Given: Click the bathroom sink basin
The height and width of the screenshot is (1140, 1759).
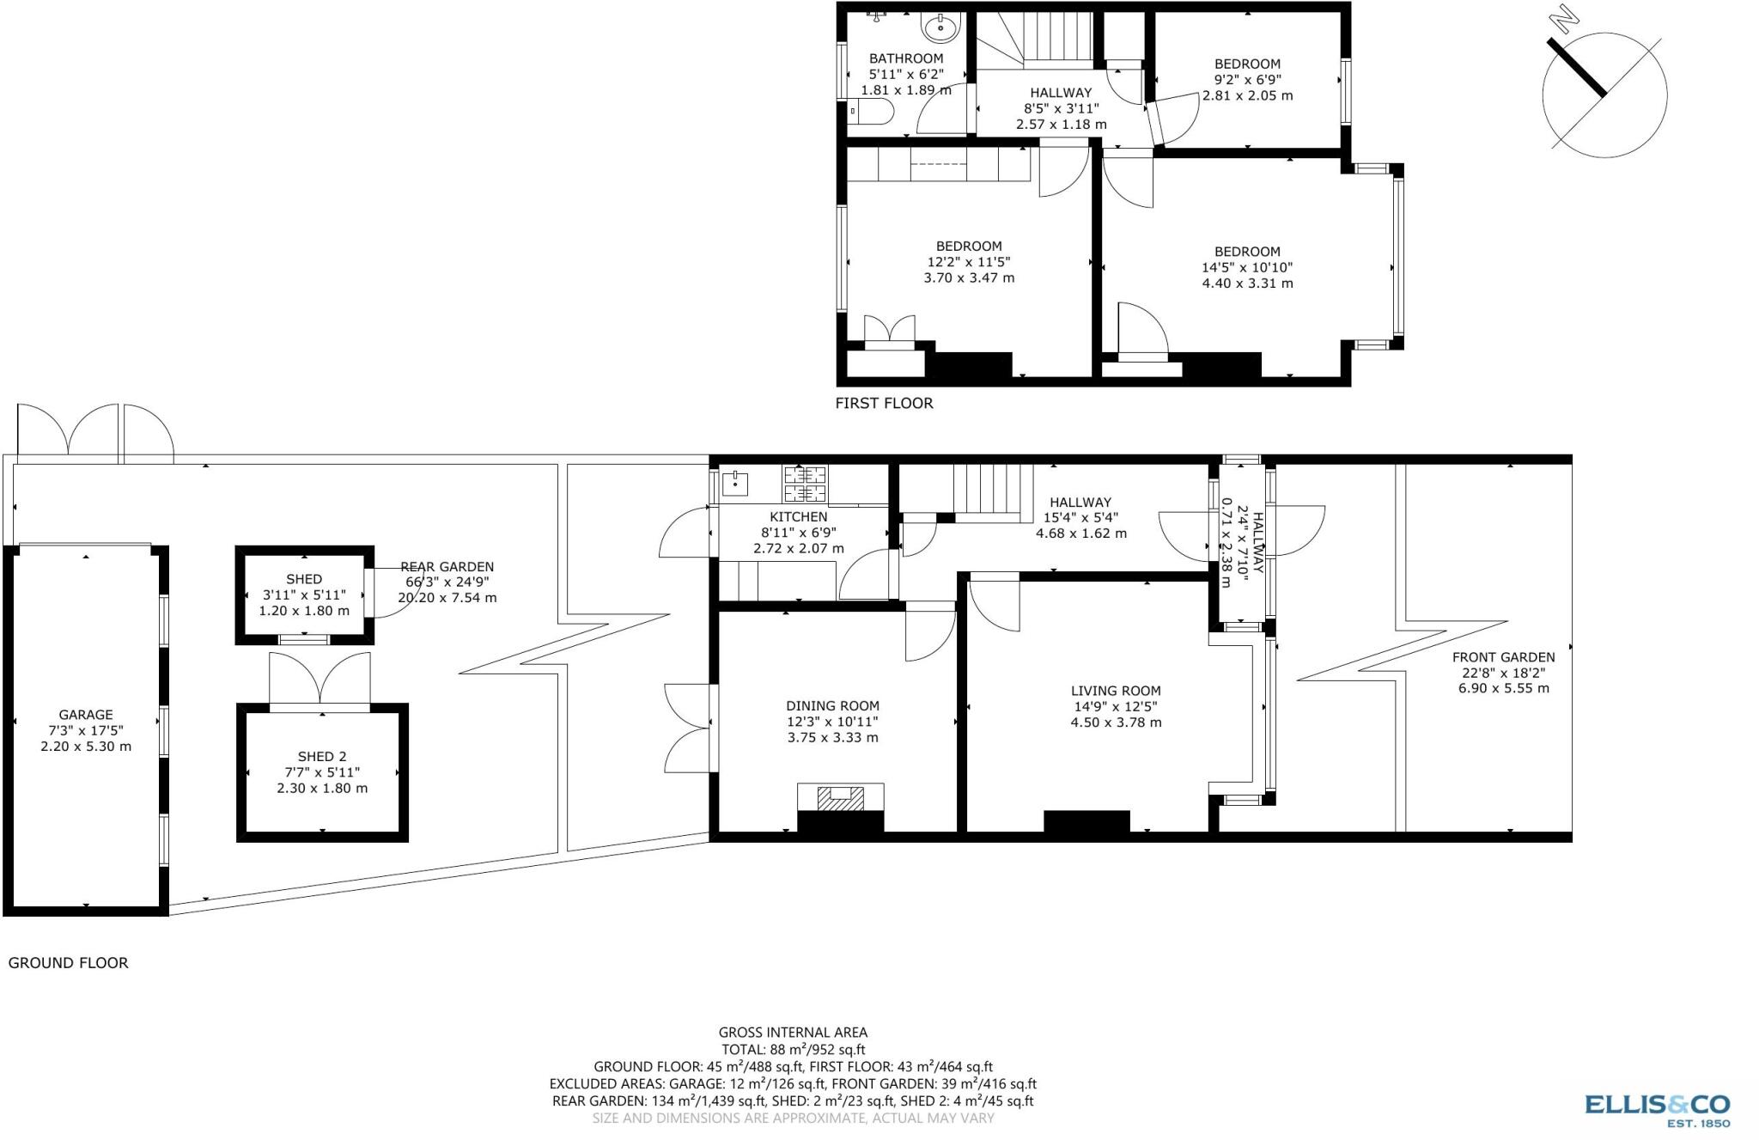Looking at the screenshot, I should click(x=940, y=27).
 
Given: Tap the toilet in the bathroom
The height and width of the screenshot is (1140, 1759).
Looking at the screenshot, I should click(x=872, y=113).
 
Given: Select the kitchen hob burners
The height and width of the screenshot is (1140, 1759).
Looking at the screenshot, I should click(x=805, y=484).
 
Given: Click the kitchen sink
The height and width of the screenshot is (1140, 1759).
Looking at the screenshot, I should click(x=735, y=484).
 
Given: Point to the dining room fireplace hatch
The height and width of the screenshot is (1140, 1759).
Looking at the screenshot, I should click(x=840, y=799).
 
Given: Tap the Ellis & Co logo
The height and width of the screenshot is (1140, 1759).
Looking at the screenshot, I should click(x=1657, y=1108).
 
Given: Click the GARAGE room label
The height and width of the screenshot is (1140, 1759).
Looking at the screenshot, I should click(x=86, y=715).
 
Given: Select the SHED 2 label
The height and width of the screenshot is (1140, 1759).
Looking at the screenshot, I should click(x=322, y=757).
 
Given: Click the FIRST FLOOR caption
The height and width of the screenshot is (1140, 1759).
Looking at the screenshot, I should click(x=884, y=403).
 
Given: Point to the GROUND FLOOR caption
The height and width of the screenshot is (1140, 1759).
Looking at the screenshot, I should click(x=68, y=963).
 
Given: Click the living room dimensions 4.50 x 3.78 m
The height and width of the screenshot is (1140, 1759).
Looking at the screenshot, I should click(x=1116, y=722).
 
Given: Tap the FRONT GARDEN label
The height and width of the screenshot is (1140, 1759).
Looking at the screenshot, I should click(x=1503, y=657).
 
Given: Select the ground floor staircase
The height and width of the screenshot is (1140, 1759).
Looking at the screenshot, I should click(x=993, y=491).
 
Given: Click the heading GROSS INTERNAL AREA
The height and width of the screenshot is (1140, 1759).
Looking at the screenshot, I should click(x=793, y=1033).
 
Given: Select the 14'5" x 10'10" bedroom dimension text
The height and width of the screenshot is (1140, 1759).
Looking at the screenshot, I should click(x=1247, y=267).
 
